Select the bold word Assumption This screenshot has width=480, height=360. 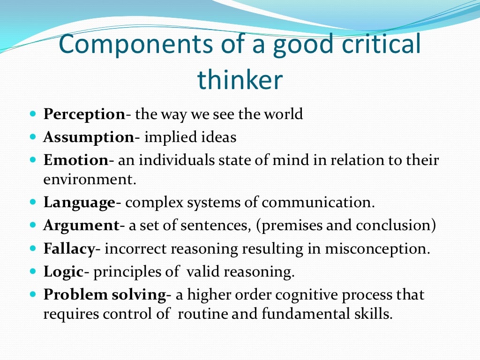click(89, 138)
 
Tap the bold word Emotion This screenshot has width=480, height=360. click(76, 160)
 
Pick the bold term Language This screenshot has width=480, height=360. click(79, 203)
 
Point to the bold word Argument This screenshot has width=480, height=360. click(81, 225)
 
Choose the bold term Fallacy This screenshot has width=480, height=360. click(69, 248)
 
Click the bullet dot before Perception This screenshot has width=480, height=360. click(32, 114)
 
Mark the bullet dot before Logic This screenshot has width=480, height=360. click(32, 271)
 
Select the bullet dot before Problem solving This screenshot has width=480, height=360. click(32, 295)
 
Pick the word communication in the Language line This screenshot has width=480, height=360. click(318, 203)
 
